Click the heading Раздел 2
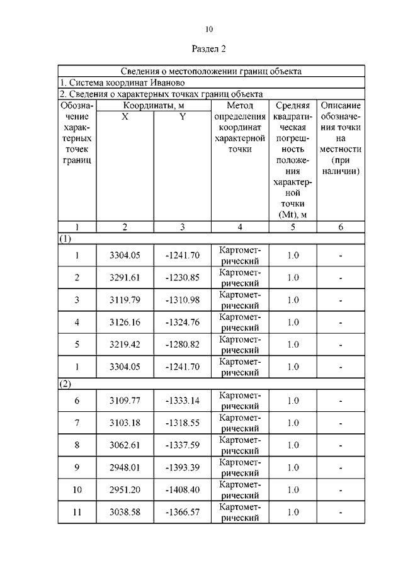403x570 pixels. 208,48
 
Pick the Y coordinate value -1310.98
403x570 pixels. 183,300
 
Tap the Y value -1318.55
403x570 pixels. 183,423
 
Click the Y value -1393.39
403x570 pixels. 183,467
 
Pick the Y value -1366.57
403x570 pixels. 183,512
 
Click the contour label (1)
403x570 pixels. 65,239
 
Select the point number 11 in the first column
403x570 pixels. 77,512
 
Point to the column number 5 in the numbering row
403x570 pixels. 293,227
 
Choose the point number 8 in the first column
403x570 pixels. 77,445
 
